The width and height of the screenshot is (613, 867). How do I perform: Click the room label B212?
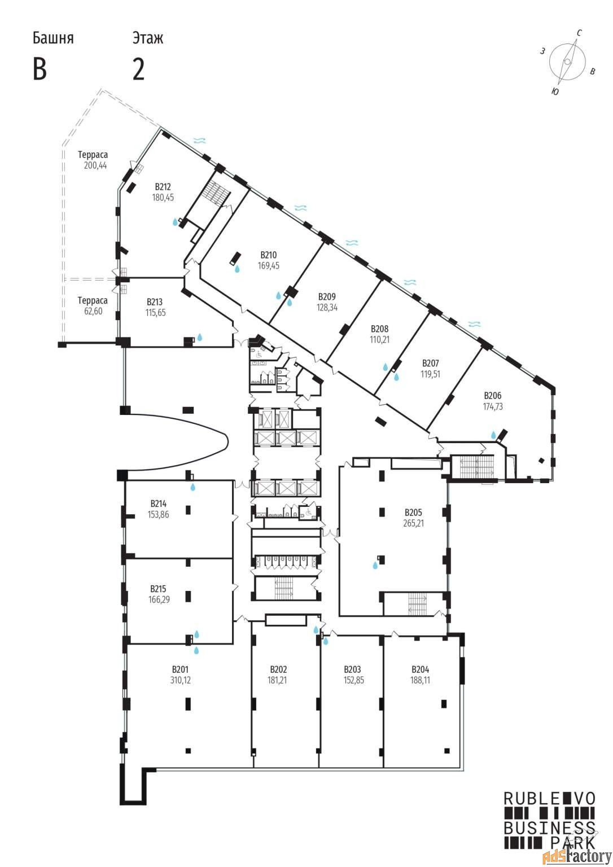(x=163, y=187)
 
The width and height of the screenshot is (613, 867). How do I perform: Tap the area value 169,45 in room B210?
(x=269, y=265)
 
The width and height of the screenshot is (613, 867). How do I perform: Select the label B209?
(x=327, y=297)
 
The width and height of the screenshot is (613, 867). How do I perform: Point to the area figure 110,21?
(x=379, y=340)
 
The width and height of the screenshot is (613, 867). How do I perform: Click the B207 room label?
(x=430, y=364)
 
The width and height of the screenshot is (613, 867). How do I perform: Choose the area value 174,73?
(x=492, y=406)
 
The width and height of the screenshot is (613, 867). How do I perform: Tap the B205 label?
(x=413, y=513)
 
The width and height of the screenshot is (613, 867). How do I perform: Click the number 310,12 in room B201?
(x=181, y=680)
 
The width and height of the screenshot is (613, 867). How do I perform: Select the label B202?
(x=278, y=669)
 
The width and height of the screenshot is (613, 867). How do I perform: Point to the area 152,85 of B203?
(x=354, y=680)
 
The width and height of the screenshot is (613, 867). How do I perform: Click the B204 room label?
(x=420, y=669)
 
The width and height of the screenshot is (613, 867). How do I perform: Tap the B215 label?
(x=158, y=589)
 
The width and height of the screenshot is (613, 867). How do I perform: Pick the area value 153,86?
(x=158, y=514)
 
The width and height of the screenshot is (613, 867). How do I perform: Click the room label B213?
(x=155, y=302)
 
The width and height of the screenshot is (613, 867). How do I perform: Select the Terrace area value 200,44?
(x=95, y=165)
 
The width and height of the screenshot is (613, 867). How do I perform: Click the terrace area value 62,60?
(x=93, y=311)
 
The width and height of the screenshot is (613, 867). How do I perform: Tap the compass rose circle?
(x=567, y=62)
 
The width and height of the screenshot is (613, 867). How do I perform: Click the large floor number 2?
(x=138, y=69)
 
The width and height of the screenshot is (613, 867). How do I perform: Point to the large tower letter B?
(x=40, y=69)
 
